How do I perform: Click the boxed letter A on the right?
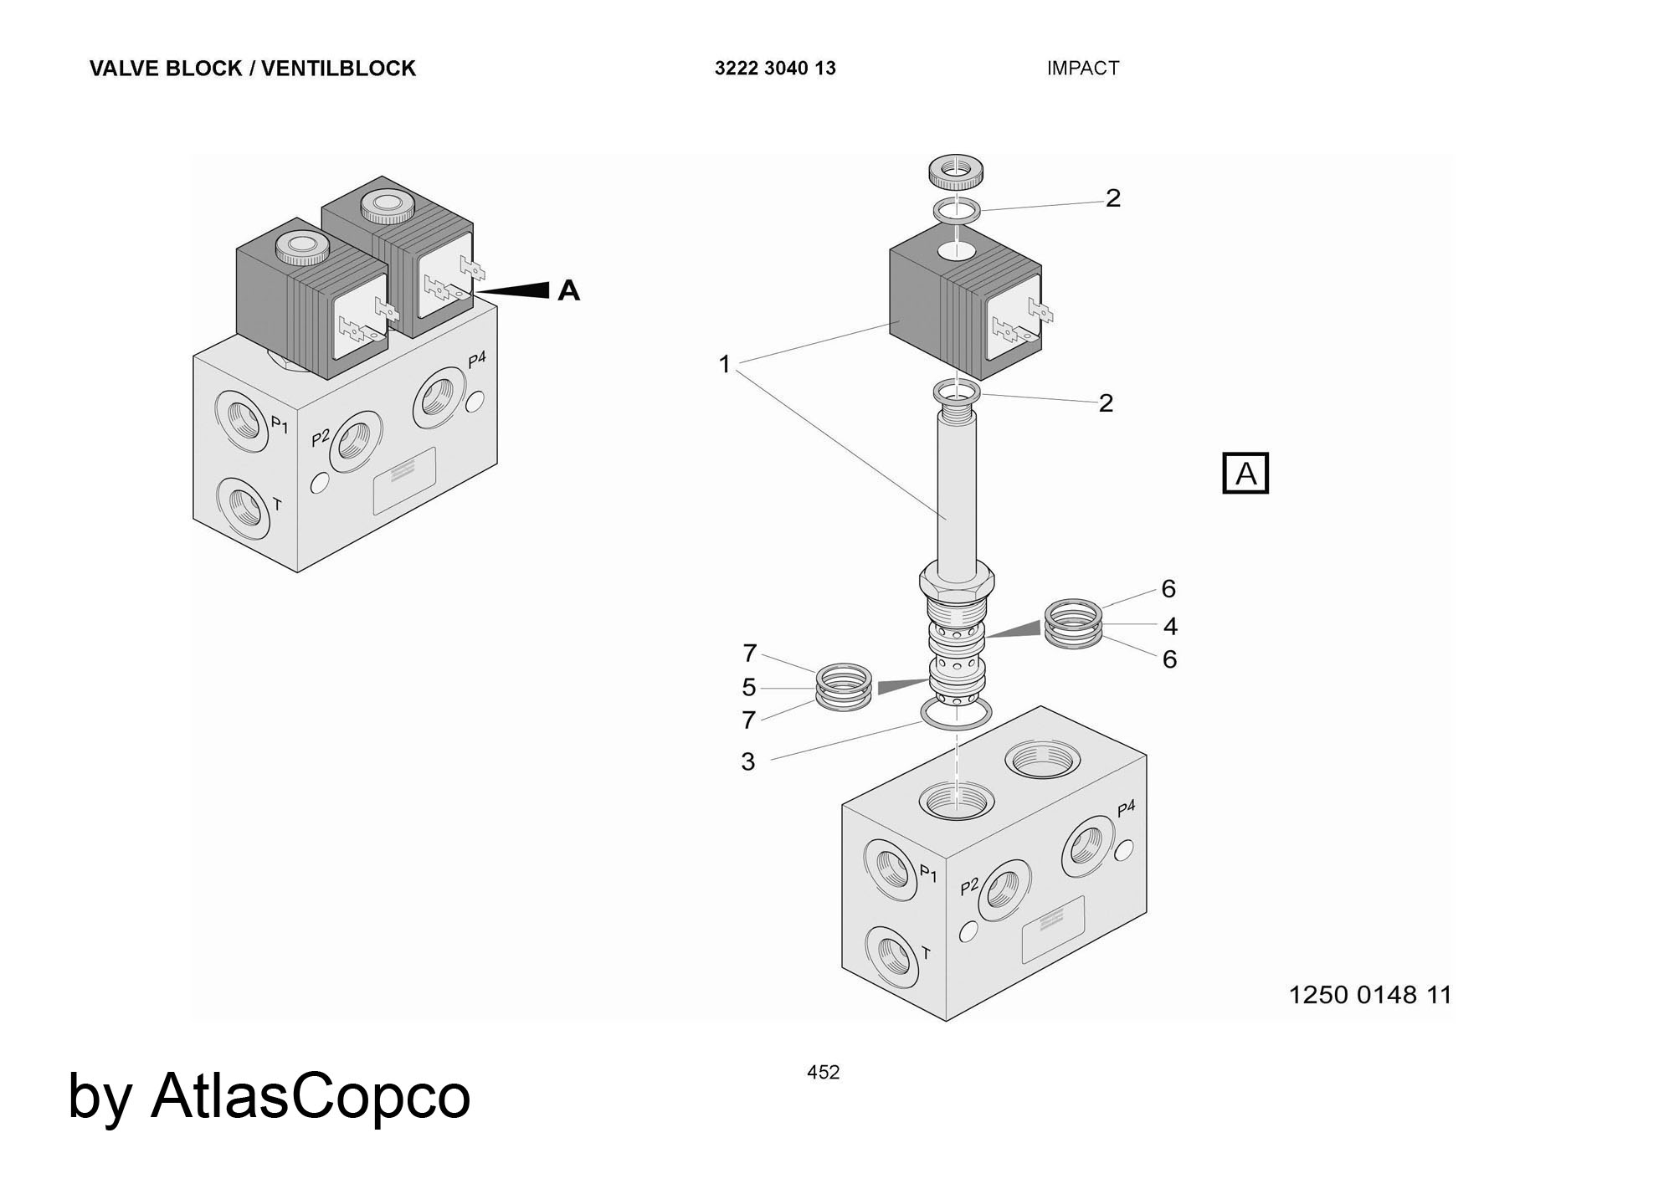1245,474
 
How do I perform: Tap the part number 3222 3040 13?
774,69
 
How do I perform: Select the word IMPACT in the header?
1082,69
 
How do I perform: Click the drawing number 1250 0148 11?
1369,995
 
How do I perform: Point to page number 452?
823,1073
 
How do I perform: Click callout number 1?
725,364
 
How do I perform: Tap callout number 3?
748,761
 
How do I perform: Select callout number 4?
1170,626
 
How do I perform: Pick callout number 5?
749,688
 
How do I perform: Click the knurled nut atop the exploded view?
956,172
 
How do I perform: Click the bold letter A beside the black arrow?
568,290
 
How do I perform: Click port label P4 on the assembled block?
476,361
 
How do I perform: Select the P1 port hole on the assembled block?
243,416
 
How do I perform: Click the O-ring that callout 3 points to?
956,714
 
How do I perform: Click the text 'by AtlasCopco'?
269,1096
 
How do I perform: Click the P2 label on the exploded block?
969,887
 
